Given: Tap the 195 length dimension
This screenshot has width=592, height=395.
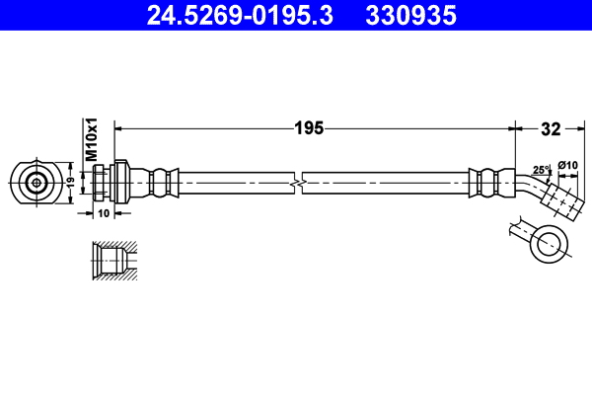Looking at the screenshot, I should point(310,127).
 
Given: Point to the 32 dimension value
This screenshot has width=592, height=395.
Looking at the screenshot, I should point(551,127).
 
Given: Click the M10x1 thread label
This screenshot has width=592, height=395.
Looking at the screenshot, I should point(91,139).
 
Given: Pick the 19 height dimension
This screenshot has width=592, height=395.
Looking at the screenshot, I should point(70,183).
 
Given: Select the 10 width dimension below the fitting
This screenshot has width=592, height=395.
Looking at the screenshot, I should point(104,211).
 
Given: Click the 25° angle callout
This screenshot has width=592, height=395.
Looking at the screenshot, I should point(540,170).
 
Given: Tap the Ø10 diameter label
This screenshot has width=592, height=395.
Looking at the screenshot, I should point(568,165).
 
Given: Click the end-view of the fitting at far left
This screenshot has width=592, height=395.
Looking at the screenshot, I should point(37,183).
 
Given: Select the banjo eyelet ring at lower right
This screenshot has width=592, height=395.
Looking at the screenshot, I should point(547,241).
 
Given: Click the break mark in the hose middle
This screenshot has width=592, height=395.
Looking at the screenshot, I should point(298,184).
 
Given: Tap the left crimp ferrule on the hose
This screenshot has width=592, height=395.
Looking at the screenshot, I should point(163,183).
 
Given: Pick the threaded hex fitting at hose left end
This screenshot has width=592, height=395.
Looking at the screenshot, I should point(112,183).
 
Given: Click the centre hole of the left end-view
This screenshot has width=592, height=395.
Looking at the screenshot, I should point(37,183).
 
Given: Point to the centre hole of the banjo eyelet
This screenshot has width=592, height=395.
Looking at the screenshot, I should point(547,241).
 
